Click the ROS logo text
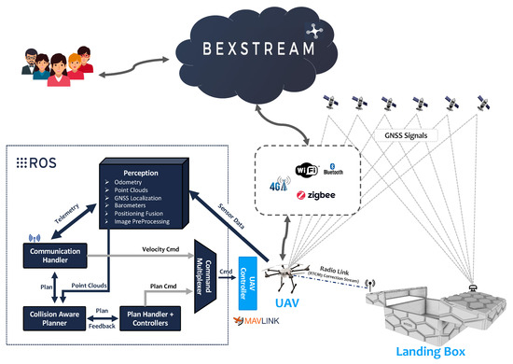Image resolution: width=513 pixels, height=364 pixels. pos(36,161)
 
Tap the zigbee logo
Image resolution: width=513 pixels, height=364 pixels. pos(316,195)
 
